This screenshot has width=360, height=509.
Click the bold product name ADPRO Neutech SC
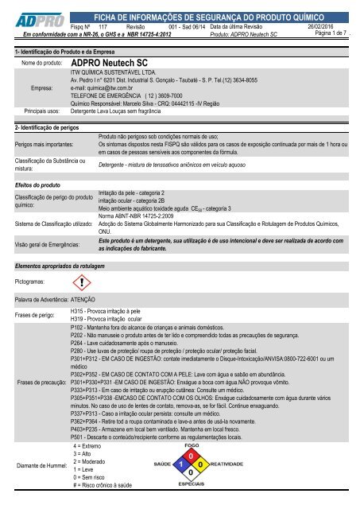115,60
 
